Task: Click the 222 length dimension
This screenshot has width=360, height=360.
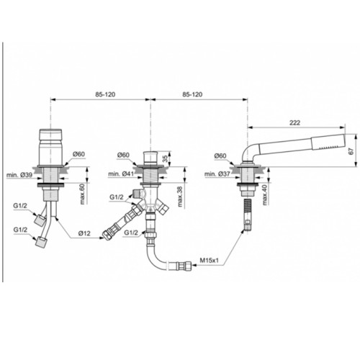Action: (x=294, y=122)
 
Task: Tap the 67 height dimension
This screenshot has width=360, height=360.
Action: (x=351, y=151)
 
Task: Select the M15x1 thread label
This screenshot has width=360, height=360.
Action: (x=210, y=261)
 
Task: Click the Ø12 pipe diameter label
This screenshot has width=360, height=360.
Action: (x=85, y=233)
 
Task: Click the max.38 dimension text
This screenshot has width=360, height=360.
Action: (x=180, y=197)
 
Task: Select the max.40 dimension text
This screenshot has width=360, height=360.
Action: (x=265, y=196)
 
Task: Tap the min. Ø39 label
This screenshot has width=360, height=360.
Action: (x=19, y=175)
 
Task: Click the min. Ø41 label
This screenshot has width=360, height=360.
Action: (x=121, y=174)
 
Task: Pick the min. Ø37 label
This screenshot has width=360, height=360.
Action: (x=217, y=174)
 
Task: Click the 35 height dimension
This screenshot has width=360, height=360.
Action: (x=165, y=158)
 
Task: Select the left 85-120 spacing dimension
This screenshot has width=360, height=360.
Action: (x=105, y=94)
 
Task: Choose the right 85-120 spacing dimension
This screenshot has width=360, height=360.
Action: (x=192, y=94)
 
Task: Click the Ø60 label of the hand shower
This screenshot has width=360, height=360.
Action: (x=220, y=156)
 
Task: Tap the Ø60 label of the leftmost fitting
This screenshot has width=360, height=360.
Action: (x=79, y=154)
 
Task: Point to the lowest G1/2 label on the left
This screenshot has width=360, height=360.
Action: (x=20, y=230)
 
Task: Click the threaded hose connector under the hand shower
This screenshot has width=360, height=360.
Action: (x=247, y=215)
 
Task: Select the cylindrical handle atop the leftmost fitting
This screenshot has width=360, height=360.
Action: (x=50, y=147)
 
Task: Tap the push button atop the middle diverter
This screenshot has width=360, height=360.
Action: (x=150, y=158)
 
